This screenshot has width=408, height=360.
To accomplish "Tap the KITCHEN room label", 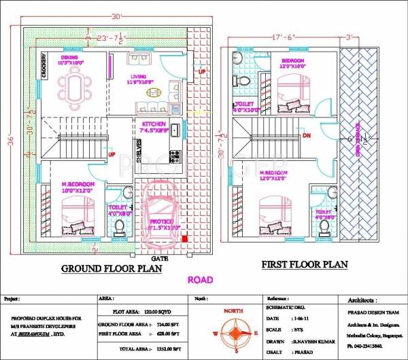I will pyautogui.click(x=153, y=124).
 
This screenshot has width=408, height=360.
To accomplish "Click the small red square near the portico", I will pyautogui.click(x=186, y=238).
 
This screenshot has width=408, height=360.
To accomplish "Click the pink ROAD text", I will pyautogui.click(x=200, y=279).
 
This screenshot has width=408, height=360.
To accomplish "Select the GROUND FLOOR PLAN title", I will pyautogui.click(x=112, y=269).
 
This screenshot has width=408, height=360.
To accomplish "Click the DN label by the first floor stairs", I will pyautogui.click(x=306, y=135).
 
